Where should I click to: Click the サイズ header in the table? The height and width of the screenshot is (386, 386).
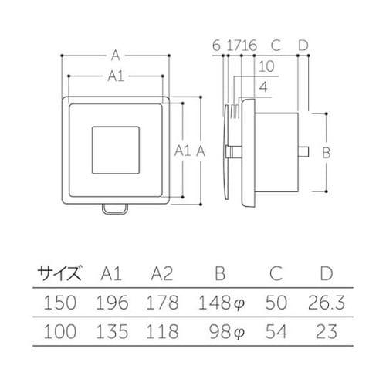pyautogui.click(x=59, y=273)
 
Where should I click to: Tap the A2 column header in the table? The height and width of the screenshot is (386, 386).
pyautogui.click(x=162, y=273)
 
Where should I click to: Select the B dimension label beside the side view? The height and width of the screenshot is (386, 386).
pyautogui.click(x=326, y=153)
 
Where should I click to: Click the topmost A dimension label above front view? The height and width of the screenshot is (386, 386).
pyautogui.click(x=116, y=55)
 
